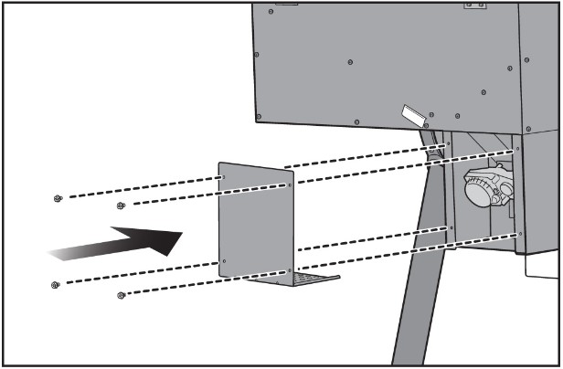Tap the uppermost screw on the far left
58,198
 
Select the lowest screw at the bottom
121,295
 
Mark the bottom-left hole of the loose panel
225,259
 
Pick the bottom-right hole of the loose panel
290,270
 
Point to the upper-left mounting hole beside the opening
447,143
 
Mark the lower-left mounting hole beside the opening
450,227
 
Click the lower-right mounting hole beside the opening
518,234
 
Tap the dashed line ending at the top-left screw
137,187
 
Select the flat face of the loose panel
256,224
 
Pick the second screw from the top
121,206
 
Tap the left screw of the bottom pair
56,285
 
